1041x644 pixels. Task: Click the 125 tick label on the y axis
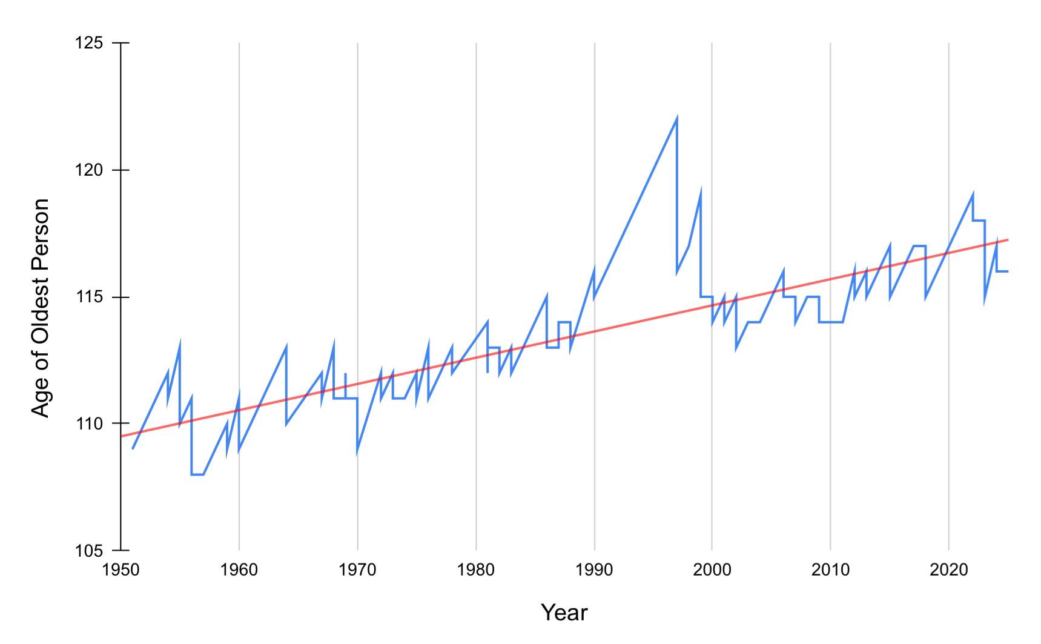tap(89, 44)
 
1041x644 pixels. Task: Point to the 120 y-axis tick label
tap(89, 170)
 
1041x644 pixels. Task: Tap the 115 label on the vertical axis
tap(89, 297)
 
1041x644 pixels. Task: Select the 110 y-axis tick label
tap(89, 423)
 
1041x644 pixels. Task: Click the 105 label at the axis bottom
tap(89, 551)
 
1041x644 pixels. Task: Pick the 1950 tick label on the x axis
tap(121, 571)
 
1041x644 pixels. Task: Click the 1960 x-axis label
tap(239, 571)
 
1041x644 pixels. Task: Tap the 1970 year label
tap(357, 571)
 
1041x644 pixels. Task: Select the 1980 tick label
tap(476, 571)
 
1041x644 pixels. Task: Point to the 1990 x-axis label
tap(595, 571)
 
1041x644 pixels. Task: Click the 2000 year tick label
tap(712, 571)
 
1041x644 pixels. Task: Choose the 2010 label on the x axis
tap(830, 571)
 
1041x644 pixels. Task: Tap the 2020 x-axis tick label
tap(948, 571)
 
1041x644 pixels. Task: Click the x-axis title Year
tap(564, 613)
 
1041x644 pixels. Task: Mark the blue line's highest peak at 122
tap(676, 118)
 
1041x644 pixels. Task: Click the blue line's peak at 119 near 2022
tap(973, 194)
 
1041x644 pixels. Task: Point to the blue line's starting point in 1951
tap(133, 448)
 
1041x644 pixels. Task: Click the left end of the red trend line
tap(122, 436)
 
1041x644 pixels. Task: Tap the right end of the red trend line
tap(1007, 240)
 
